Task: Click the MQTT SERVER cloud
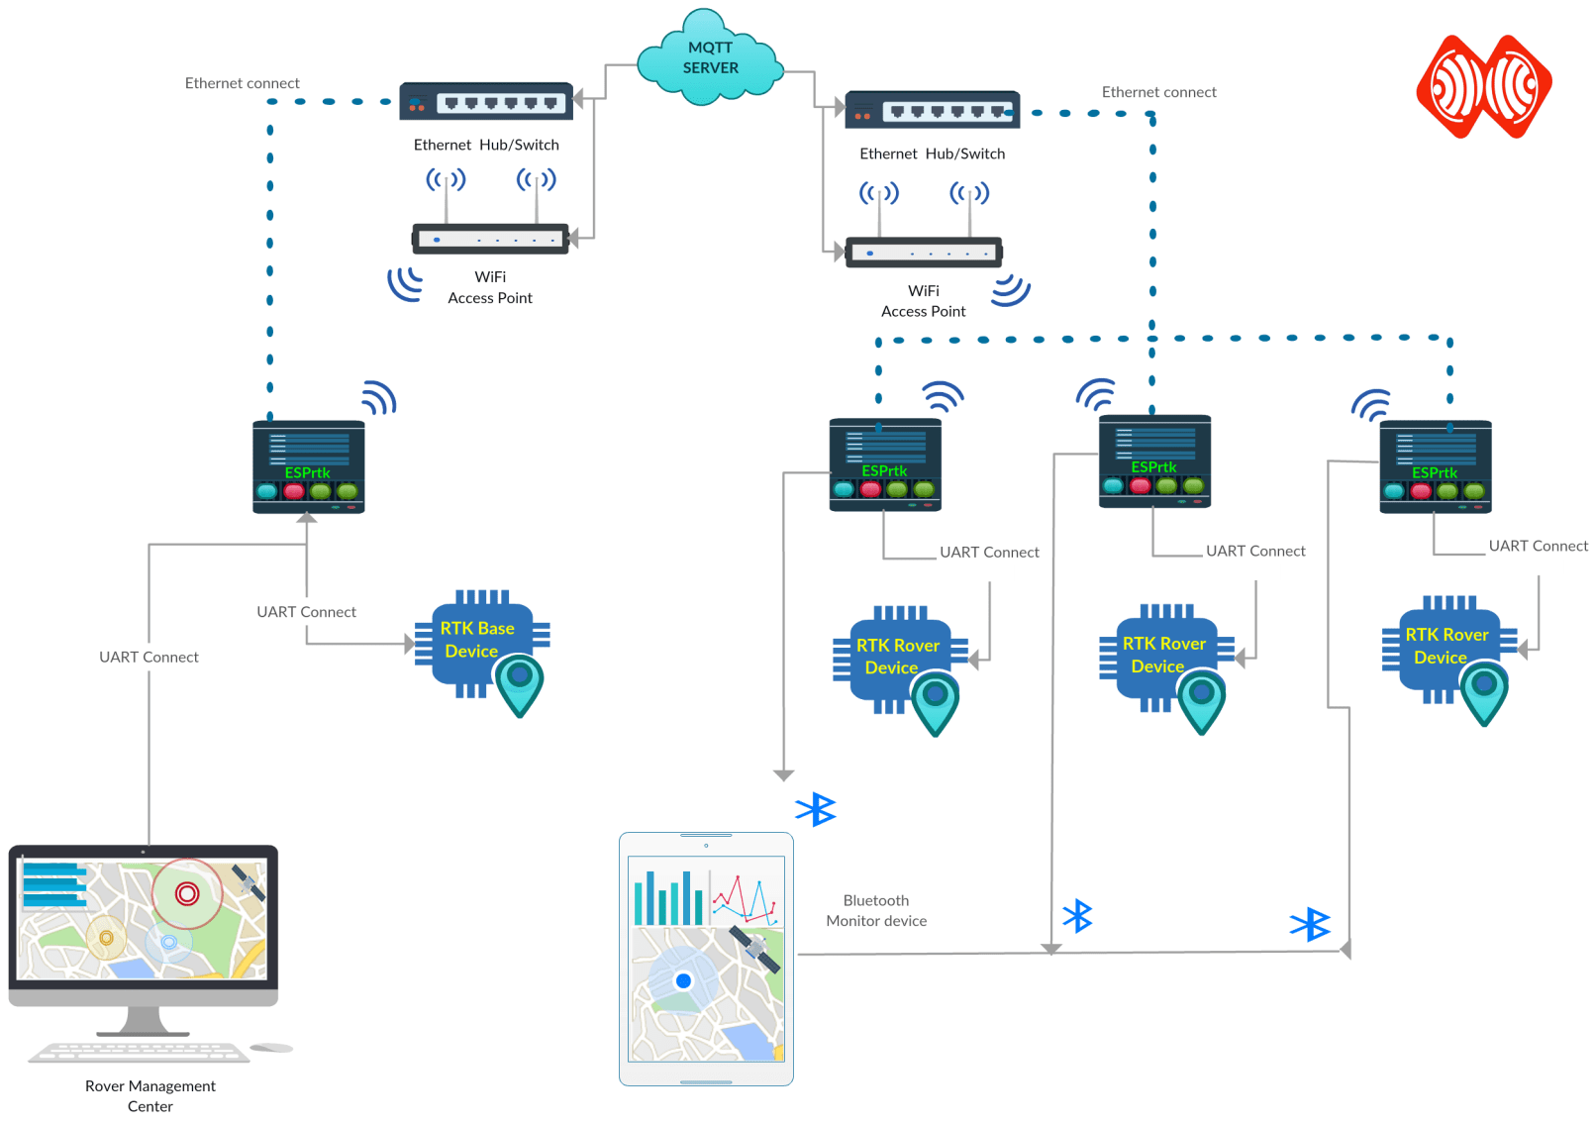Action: pos(710,58)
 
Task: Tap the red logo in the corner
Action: pos(1483,87)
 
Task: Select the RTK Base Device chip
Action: pos(478,641)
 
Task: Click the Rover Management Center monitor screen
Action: pos(143,919)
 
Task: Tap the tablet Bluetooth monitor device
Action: pos(706,959)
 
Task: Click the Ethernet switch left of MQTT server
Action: pos(486,102)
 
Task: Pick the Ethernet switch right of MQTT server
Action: pos(932,111)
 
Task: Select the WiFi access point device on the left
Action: pos(490,239)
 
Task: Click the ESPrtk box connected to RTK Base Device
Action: pos(308,467)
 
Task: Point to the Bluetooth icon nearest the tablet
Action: pos(816,809)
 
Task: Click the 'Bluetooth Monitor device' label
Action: pos(876,910)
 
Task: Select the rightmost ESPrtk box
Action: pos(1435,467)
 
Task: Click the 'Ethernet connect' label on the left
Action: pos(242,83)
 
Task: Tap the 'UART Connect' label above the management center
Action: pos(149,657)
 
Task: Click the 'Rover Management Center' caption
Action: pos(150,1095)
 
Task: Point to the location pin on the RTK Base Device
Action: pos(520,683)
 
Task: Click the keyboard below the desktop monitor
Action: pos(139,1052)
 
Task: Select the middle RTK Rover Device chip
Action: pos(1162,656)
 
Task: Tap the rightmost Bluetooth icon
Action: pos(1310,924)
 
